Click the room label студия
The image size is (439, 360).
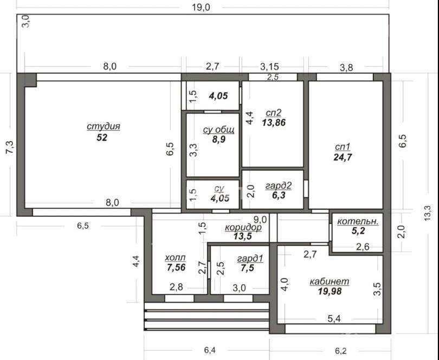[104, 127]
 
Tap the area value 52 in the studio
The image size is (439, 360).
[102, 138]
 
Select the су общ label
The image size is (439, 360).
[218, 130]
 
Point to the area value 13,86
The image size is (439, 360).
[274, 123]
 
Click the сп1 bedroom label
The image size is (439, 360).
[343, 147]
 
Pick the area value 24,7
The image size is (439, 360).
[343, 157]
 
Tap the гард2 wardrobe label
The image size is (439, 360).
[279, 185]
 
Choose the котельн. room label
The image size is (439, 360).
[358, 221]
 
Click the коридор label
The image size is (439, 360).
[243, 227]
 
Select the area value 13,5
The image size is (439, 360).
[243, 236]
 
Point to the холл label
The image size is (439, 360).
[175, 257]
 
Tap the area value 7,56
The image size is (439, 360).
[176, 267]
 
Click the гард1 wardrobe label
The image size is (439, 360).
[250, 259]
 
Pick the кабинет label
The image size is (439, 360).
[330, 281]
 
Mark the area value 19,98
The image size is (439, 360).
[330, 291]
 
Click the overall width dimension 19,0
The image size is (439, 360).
[201, 8]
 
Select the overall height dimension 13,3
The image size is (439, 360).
[428, 213]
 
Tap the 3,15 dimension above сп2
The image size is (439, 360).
[269, 67]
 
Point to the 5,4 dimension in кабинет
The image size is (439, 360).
[334, 319]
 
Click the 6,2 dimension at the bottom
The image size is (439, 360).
[340, 350]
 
